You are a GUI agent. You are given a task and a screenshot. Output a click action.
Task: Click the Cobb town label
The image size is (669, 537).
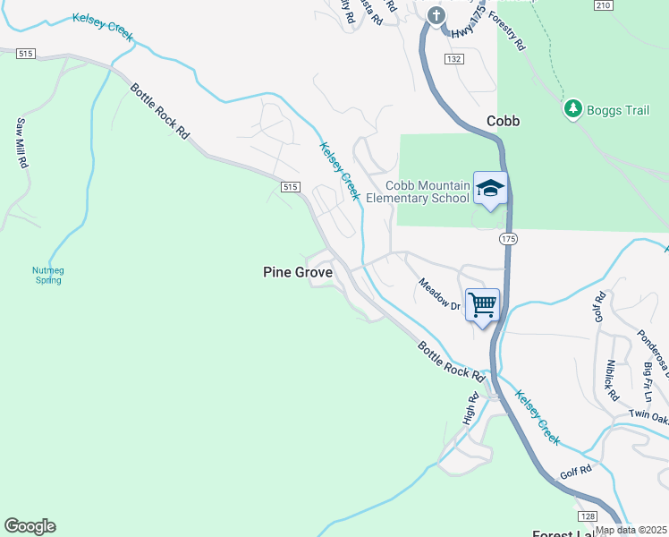[x=504, y=121]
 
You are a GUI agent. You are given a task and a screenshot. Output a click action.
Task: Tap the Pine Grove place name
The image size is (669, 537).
[x=298, y=271]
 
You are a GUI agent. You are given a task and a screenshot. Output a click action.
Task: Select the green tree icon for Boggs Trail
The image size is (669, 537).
[x=573, y=109]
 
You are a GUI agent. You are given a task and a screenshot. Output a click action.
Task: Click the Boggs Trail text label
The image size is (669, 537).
[x=618, y=110]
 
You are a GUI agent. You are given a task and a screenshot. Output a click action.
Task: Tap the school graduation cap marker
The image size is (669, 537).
[x=490, y=188]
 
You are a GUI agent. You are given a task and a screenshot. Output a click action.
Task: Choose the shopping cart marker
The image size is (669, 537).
[x=482, y=304]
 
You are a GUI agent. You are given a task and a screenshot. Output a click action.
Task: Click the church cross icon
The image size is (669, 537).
[x=436, y=15]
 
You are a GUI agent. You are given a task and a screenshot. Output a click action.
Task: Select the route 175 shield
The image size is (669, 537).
[x=509, y=239]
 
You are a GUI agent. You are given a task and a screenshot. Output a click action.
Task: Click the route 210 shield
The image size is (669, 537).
[x=602, y=4]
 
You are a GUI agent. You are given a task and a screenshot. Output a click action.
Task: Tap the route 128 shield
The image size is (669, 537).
[x=587, y=517]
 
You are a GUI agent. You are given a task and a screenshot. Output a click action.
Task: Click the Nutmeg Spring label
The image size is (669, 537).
[x=48, y=275]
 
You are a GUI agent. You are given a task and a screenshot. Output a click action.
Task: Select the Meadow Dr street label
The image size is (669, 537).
[x=439, y=294]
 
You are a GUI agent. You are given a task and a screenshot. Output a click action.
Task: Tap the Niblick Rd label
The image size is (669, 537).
[x=612, y=379]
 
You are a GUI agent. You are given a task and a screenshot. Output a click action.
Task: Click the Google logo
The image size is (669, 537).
[x=30, y=526]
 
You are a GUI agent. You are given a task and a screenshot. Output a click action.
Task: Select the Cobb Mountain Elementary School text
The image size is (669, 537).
[x=428, y=192]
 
